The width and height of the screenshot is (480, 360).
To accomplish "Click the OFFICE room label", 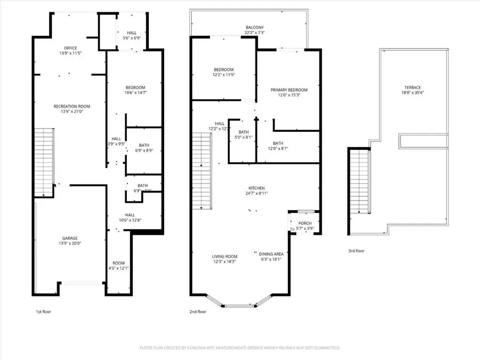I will pyautogui.click(x=70, y=48).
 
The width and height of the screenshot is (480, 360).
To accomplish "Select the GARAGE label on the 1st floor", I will pyautogui.click(x=69, y=238).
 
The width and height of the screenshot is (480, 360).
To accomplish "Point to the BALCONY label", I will pyautogui.click(x=254, y=28).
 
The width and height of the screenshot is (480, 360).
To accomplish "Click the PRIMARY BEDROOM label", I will pyautogui.click(x=289, y=90).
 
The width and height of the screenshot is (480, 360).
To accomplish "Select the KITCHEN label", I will pyautogui.click(x=256, y=188).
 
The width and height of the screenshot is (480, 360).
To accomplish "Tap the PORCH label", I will pyautogui.click(x=305, y=223).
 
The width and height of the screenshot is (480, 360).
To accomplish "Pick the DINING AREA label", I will pyautogui.click(x=271, y=253).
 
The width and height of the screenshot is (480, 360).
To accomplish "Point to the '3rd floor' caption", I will pyautogui.click(x=356, y=250).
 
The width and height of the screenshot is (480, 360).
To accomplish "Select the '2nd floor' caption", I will pyautogui.click(x=197, y=311).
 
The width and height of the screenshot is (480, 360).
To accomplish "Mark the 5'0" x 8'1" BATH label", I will pyautogui.click(x=244, y=134).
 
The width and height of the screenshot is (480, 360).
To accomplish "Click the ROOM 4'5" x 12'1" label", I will pyautogui.click(x=118, y=266).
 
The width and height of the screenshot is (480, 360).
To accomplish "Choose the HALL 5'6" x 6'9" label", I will pyautogui.click(x=131, y=36).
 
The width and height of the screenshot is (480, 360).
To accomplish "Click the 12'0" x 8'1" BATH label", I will pyautogui.click(x=278, y=146).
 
